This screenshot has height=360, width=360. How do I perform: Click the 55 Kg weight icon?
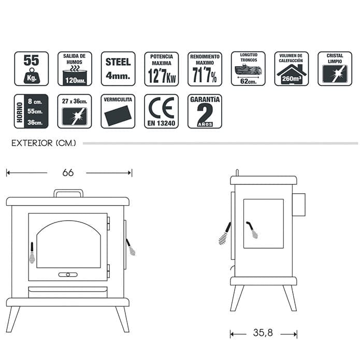pos(32,69)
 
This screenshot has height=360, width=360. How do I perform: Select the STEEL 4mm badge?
pos(118,69)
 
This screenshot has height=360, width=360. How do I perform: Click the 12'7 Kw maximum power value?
pos(162,76)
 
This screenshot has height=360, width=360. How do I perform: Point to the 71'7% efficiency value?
pos(205,75)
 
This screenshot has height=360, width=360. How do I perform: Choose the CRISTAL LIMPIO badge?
pos(335,69)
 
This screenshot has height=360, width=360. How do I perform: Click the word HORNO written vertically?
pos(20,112)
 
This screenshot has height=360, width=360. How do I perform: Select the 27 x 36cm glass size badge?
pos(75,111)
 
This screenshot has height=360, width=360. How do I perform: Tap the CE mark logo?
pos(162,108)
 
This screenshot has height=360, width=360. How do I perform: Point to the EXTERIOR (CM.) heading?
pos(44,143)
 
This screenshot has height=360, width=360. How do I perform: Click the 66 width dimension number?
pos(68,172)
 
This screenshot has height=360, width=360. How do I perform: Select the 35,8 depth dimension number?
pos(263,333)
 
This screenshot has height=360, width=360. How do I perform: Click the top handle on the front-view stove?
pos(68,191)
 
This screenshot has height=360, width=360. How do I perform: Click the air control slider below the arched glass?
pos(68,275)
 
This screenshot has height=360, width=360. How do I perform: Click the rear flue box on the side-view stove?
pos(299,205)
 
